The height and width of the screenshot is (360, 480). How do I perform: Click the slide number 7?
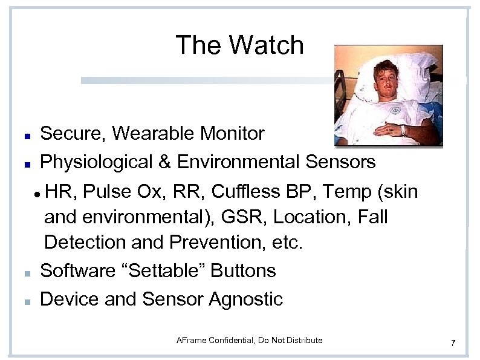click(453, 344)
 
